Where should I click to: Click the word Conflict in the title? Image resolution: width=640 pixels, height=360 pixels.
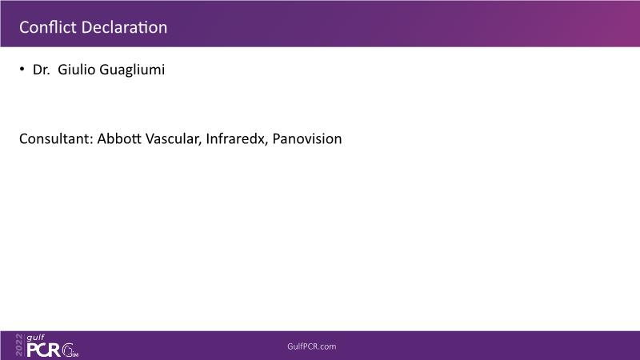[x=48, y=27]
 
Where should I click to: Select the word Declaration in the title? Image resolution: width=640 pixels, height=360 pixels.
[x=124, y=27]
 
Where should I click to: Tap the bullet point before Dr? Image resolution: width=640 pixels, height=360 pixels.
[x=22, y=69]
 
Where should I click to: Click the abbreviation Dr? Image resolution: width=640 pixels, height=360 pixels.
[x=42, y=70]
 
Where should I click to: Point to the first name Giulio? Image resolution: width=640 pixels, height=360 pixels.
[x=76, y=70]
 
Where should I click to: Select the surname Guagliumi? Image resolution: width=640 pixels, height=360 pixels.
[x=132, y=70]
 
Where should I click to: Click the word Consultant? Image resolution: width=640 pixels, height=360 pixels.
[x=54, y=138]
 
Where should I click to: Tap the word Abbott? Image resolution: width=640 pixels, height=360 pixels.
[x=119, y=138]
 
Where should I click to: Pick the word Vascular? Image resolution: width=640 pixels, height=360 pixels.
[x=172, y=138]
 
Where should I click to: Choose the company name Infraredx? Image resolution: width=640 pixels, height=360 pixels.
[x=235, y=138]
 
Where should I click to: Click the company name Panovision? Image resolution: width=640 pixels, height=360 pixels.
[x=307, y=138]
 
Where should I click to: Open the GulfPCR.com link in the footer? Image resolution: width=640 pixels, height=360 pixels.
[x=312, y=346]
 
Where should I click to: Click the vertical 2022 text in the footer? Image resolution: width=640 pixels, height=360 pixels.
[x=19, y=345]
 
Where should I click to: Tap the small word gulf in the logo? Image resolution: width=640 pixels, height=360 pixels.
[x=35, y=338]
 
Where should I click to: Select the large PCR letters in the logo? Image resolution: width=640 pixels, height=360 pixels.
[x=44, y=350]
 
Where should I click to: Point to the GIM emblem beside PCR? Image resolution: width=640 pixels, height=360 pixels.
[x=70, y=350]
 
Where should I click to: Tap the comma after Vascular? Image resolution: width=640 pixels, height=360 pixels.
[x=201, y=144]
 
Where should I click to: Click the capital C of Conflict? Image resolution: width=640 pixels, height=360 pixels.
[x=24, y=27]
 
